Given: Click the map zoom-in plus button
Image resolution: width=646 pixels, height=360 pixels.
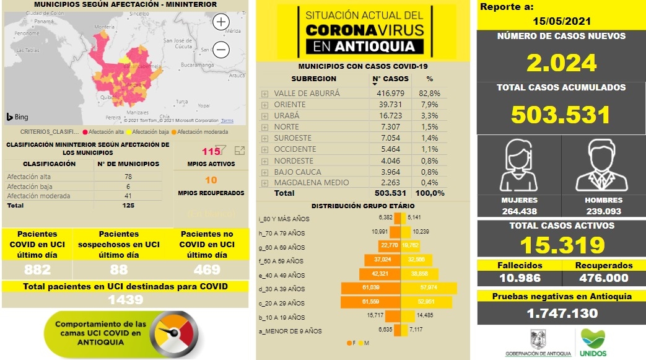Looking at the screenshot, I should tap(221, 22).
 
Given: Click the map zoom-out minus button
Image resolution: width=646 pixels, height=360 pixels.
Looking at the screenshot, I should tap(221, 50).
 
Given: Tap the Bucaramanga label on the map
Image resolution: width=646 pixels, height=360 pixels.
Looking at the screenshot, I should tap(197, 64).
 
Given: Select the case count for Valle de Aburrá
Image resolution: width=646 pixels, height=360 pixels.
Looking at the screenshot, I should tap(390, 93).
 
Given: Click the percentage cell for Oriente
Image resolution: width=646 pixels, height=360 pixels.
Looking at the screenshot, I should tap(430, 104).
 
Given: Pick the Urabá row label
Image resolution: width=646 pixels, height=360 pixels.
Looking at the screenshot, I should tap(286, 115).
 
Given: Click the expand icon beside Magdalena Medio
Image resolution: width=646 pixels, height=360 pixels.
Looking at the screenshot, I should tap(264, 183).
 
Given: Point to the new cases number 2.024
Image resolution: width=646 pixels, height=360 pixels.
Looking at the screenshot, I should tap(561, 63).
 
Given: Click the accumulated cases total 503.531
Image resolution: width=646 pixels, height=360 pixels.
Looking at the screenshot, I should tap(561, 115).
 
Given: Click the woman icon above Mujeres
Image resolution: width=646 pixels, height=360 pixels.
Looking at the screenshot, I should tap(519, 165).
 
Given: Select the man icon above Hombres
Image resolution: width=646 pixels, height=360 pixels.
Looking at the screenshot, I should tap(603, 165).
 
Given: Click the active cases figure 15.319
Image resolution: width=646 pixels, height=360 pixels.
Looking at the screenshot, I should tap(561, 245).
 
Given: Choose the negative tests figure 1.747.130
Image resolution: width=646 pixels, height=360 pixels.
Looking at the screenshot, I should tap(561, 314).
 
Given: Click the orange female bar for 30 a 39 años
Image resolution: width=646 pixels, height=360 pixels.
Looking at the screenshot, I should tap(371, 289).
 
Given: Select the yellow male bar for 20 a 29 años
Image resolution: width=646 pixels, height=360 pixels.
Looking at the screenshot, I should tap(427, 303).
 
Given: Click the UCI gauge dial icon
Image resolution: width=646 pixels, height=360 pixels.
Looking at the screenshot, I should tap(175, 335).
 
